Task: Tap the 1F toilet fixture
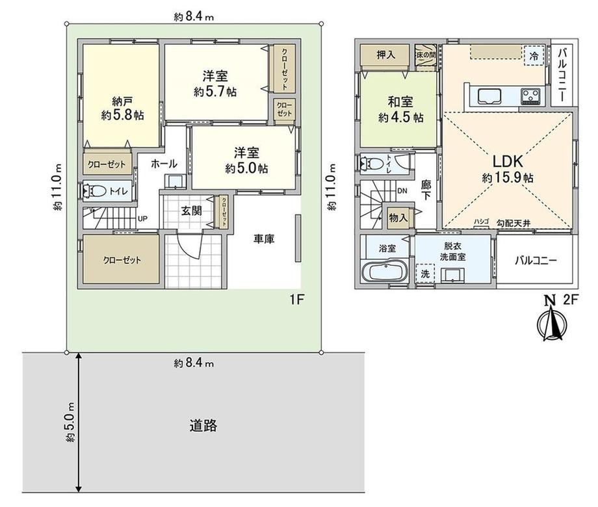pyautogui.click(x=94, y=190)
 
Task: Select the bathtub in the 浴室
pyautogui.click(x=385, y=271)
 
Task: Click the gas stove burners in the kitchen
pyautogui.click(x=530, y=96)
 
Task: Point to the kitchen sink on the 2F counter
pyautogui.click(x=489, y=96)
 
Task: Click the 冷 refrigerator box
pyautogui.click(x=534, y=56)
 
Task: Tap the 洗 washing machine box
pyautogui.click(x=425, y=273)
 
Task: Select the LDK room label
pyautogui.click(x=507, y=161)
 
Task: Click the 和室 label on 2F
pyautogui.click(x=400, y=102)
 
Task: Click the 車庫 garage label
pyautogui.click(x=264, y=239)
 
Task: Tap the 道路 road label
pyautogui.click(x=203, y=425)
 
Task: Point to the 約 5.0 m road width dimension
pyautogui.click(x=71, y=422)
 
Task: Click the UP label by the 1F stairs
pyautogui.click(x=142, y=218)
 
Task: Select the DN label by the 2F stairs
pyautogui.click(x=402, y=190)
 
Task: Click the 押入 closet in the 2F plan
pyautogui.click(x=385, y=55)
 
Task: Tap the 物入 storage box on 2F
pyautogui.click(x=398, y=218)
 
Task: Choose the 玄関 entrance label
pyautogui.click(x=191, y=211)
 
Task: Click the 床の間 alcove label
pyautogui.click(x=425, y=55)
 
